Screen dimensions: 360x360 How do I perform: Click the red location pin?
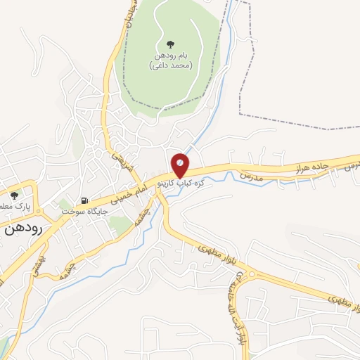coord(180,164)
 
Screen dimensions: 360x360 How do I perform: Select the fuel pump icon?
coord(84,200)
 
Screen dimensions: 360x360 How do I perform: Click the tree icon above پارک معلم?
coord(13,195)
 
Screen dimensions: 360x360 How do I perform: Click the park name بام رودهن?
coord(171,55)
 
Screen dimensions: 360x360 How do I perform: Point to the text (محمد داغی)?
coord(171,65)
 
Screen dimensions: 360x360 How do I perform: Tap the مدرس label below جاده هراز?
coord(250,176)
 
